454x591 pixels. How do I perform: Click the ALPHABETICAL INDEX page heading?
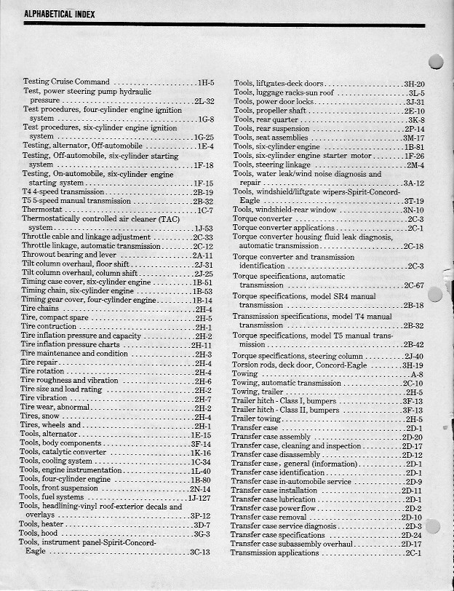pos(55,14)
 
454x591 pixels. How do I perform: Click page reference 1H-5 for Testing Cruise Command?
pos(204,82)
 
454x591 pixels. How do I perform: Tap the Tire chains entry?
pos(41,309)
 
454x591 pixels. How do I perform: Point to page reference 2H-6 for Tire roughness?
pos(203,381)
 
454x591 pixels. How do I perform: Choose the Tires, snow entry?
pos(41,416)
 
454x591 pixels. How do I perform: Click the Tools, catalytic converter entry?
pos(65,452)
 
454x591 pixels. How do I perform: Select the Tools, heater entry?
pos(43,524)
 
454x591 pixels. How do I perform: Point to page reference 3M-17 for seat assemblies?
pos(413,138)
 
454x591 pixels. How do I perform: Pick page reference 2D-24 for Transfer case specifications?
pos(412,535)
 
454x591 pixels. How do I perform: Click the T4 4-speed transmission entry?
pos(63,191)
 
